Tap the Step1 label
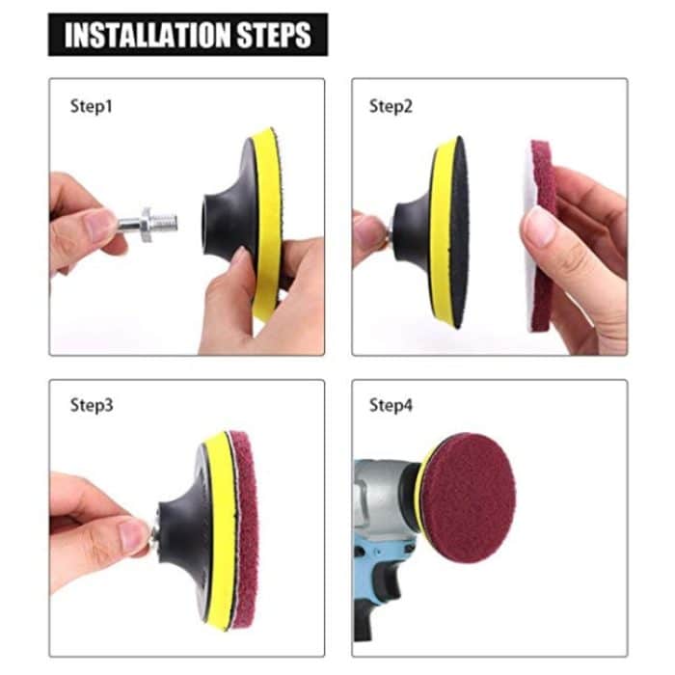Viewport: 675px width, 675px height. [x=92, y=106]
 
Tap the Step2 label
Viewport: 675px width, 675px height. [x=391, y=106]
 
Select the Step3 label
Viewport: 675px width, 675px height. [x=92, y=405]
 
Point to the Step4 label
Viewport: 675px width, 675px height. [x=391, y=405]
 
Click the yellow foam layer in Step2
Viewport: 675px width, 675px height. [x=443, y=231]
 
